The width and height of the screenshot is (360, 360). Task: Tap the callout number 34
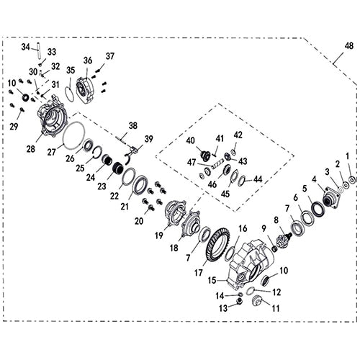[x=25, y=47]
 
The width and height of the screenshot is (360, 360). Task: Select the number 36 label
[x=88, y=60]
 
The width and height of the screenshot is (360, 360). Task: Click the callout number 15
[x=213, y=279]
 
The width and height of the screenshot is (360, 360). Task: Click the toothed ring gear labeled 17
[x=217, y=244]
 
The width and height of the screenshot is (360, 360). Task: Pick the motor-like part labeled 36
[x=86, y=89]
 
